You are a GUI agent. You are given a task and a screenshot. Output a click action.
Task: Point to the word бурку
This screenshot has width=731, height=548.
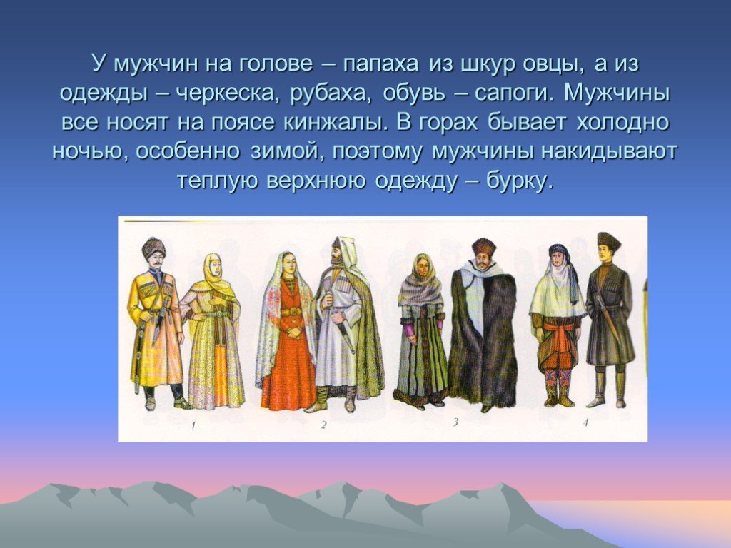520,181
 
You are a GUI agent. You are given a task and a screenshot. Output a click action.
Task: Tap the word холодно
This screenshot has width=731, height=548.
622,123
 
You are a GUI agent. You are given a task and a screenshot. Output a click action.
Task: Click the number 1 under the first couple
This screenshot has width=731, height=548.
193,425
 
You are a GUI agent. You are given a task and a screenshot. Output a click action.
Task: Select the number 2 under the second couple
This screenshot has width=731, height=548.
323,424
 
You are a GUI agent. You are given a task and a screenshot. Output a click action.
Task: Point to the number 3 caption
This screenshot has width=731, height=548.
455,422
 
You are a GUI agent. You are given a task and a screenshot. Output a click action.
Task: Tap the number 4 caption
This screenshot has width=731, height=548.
585,422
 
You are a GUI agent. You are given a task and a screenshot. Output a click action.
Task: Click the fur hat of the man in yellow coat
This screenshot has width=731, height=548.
154,247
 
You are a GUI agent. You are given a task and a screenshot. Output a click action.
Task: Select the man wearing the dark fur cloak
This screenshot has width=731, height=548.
483,325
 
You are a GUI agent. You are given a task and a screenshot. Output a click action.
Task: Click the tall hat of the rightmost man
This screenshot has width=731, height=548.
608,241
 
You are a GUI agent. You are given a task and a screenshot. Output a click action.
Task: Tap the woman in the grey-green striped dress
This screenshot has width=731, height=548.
421,331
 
